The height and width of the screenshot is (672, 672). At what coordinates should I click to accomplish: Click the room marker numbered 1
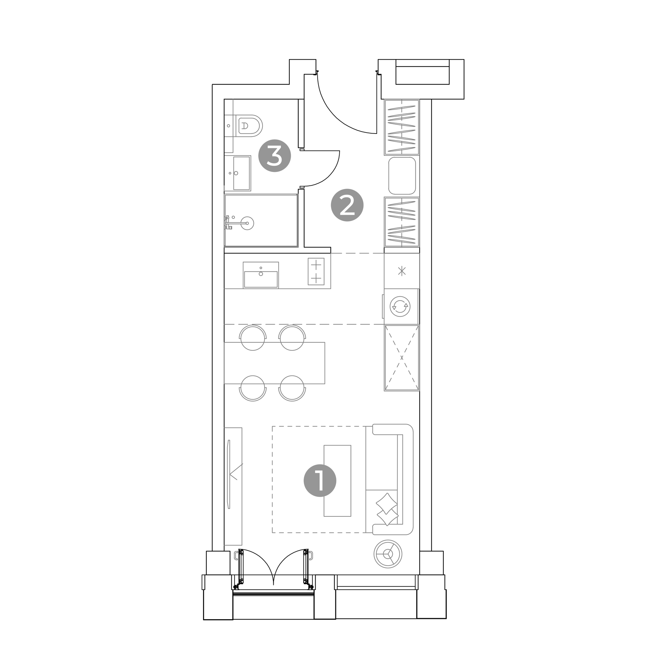320,480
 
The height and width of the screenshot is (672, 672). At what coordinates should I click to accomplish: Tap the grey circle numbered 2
347,205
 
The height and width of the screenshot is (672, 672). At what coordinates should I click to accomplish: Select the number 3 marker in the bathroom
274,156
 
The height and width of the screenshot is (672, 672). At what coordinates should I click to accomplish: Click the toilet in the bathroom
249,126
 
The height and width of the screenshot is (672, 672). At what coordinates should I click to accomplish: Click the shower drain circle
247,223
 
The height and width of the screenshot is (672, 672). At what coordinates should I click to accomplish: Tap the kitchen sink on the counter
261,275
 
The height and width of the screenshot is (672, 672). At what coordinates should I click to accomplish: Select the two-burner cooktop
316,271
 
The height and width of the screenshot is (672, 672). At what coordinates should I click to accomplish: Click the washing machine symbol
400,306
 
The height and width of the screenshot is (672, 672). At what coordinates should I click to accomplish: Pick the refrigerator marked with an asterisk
402,271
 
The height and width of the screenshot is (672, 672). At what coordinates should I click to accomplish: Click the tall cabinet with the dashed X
402,358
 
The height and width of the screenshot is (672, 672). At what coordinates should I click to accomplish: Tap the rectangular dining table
274,363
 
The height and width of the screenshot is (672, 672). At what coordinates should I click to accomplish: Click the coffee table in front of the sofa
337,481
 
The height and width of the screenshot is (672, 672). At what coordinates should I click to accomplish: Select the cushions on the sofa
387,509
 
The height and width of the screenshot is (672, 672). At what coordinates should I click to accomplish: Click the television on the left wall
229,474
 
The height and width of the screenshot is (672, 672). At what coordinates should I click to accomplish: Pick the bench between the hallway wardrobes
402,176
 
